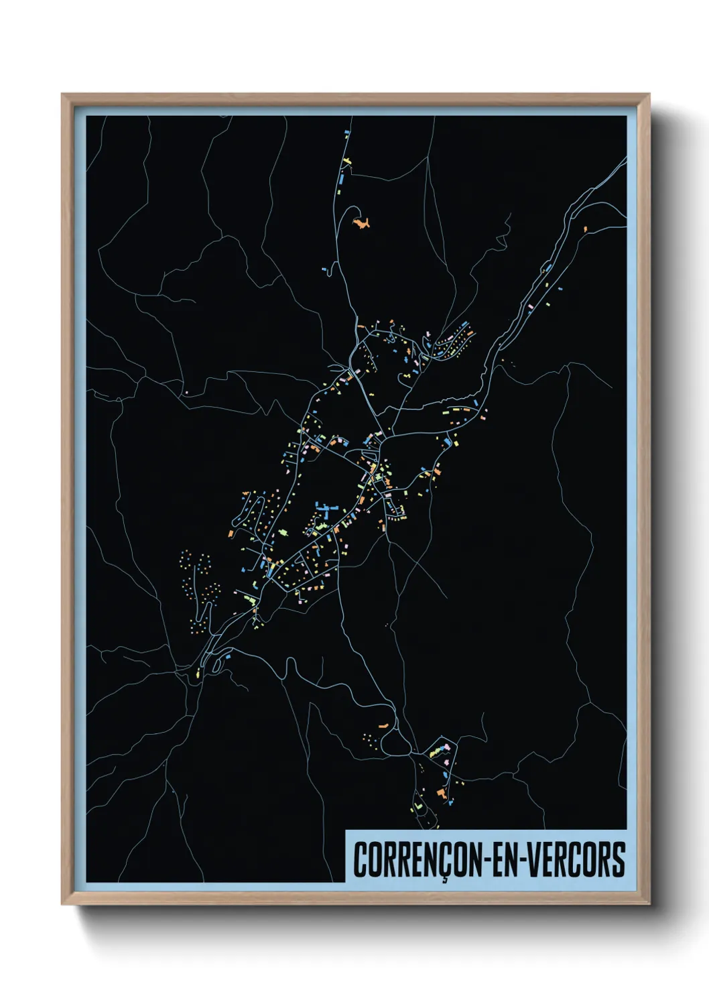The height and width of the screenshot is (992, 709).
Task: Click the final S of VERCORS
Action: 619,860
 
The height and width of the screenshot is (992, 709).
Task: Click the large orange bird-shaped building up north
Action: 363,223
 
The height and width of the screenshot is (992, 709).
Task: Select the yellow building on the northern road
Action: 346,161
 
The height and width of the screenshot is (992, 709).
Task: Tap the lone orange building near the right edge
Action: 585,229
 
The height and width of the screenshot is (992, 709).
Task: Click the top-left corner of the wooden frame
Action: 62,95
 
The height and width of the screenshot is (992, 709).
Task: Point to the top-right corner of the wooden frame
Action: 649,95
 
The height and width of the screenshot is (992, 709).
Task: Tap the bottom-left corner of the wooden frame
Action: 62,904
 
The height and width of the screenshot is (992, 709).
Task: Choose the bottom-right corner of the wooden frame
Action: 649,904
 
